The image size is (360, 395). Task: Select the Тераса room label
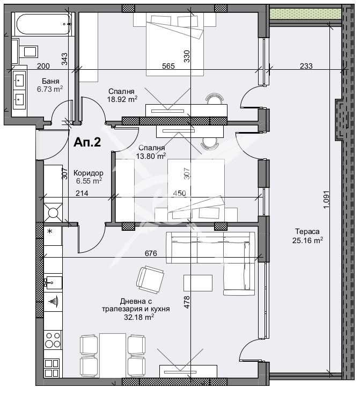click(307, 231)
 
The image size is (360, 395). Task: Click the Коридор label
click(89, 173)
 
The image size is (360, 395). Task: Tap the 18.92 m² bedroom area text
click(123, 99)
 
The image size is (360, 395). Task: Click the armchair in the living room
click(151, 278)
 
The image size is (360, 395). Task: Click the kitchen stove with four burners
click(52, 340)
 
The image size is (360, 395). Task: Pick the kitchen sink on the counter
click(53, 281)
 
